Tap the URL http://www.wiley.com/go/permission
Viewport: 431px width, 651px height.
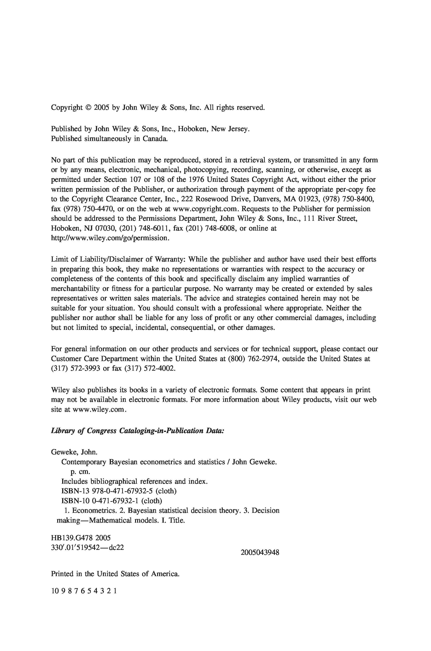click(x=110, y=238)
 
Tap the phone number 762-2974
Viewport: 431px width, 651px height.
click(x=264, y=359)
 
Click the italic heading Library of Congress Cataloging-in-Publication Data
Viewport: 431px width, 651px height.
click(x=137, y=431)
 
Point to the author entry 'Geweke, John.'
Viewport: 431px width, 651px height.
click(x=75, y=452)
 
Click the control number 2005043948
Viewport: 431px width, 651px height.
click(x=260, y=552)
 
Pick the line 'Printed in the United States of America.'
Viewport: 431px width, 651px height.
click(x=115, y=574)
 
